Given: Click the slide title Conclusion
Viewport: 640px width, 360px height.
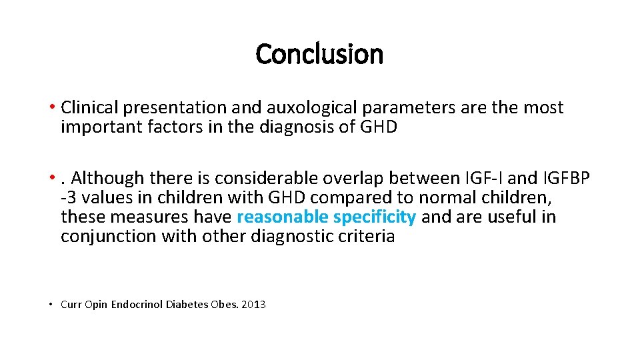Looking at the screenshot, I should pos(319,54).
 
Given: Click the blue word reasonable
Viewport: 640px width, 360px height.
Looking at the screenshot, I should pos(282,217).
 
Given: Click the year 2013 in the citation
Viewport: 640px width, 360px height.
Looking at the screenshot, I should pos(253,305).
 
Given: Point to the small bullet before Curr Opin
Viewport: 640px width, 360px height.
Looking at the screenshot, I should pos(51,305).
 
